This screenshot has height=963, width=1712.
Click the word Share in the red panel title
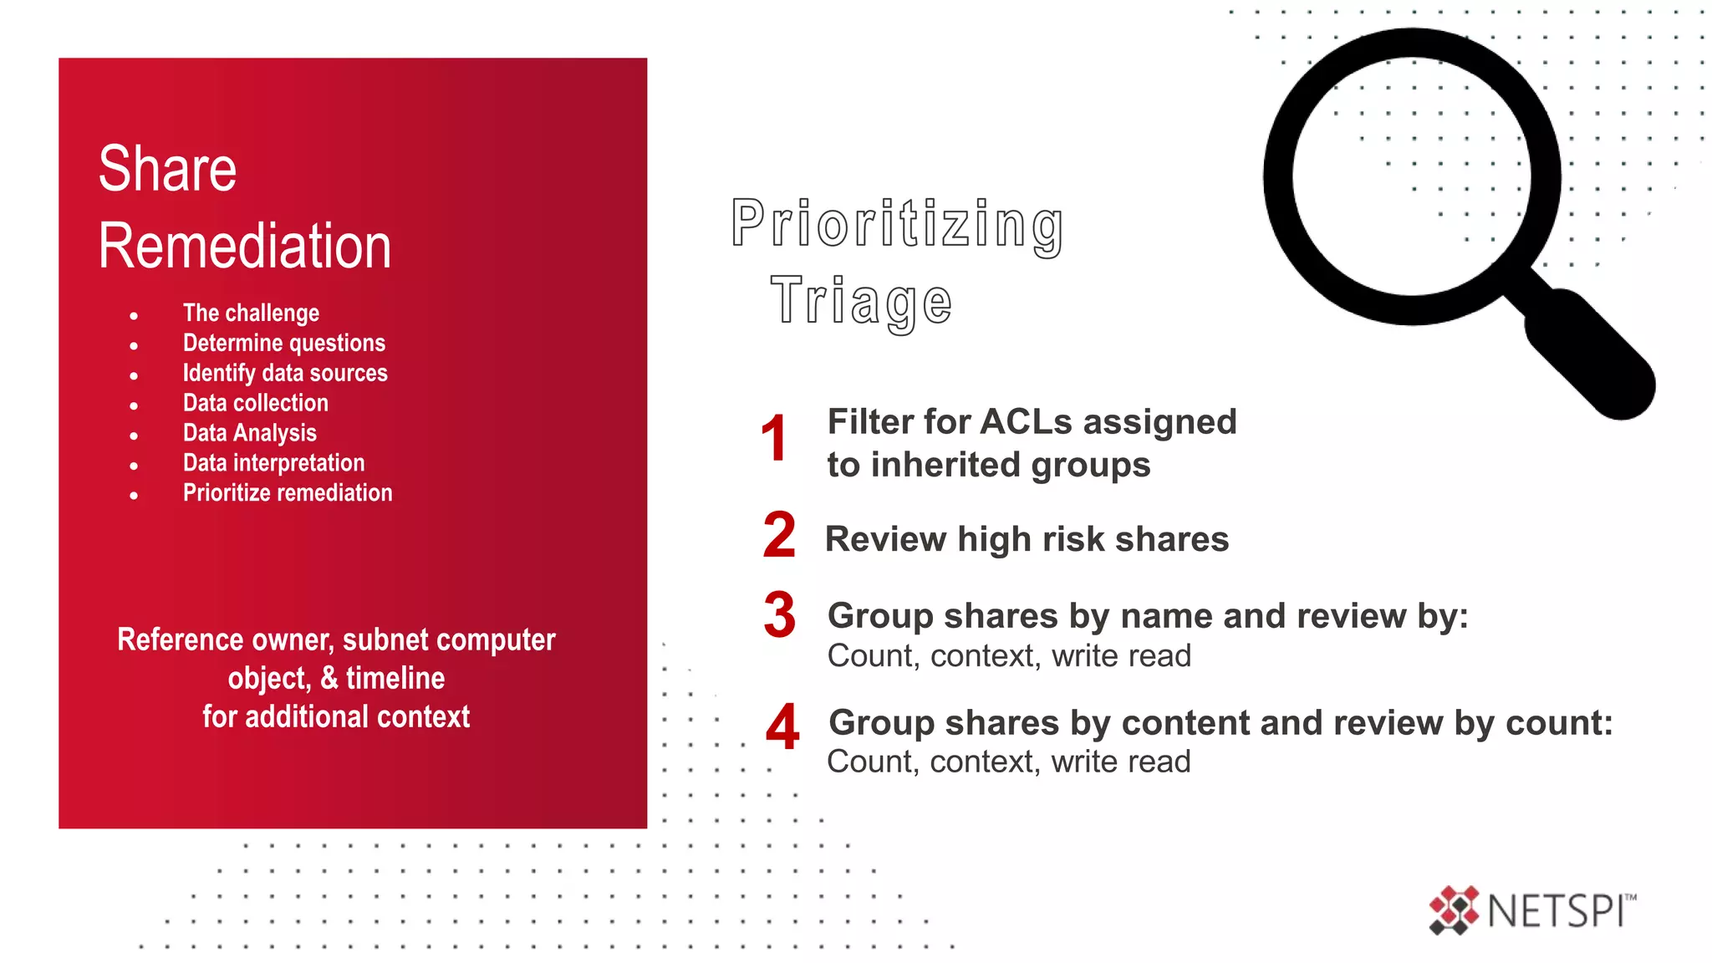coord(167,169)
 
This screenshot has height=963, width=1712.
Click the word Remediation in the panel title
coord(244,247)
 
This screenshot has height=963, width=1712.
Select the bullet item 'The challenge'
coord(251,313)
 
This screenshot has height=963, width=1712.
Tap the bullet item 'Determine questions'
coord(284,344)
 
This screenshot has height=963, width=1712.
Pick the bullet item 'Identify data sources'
coord(285,374)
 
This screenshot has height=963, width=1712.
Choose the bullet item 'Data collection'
coord(256,404)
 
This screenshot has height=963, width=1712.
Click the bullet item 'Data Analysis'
coord(250,434)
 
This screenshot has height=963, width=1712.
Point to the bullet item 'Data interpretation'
coord(274,463)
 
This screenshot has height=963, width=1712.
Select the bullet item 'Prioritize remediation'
coord(288,493)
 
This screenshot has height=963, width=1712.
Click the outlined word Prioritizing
coord(897,224)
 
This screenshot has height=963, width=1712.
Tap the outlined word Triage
coord(861,301)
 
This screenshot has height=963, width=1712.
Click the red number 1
coord(774,439)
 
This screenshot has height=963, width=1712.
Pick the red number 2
coord(779,535)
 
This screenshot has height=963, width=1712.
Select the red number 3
coord(779,614)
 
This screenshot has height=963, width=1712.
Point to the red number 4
coord(782,726)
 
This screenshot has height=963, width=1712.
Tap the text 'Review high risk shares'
coord(1027,539)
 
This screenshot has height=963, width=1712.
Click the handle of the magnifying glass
coord(1588,353)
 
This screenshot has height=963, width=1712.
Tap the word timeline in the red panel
coord(395,678)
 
